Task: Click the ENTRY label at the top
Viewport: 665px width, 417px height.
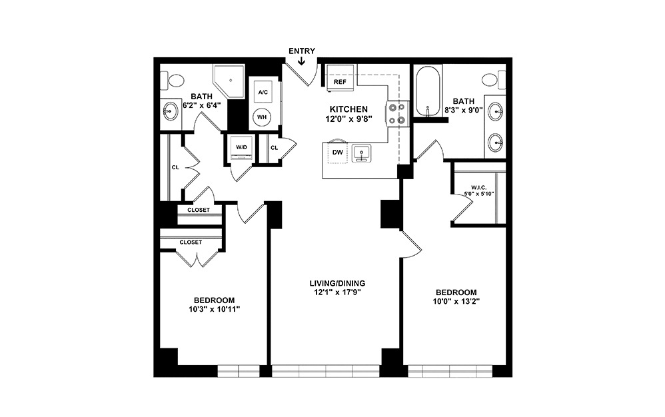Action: click(302, 51)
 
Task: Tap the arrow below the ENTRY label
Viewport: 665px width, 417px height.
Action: click(302, 62)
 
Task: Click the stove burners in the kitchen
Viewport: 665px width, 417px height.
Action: click(398, 113)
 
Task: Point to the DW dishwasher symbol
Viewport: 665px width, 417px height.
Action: click(337, 153)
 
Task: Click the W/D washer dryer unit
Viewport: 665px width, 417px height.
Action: click(240, 147)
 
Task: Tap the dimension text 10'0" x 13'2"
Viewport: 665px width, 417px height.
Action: click(456, 302)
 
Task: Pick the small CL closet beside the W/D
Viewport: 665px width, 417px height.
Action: click(274, 148)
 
